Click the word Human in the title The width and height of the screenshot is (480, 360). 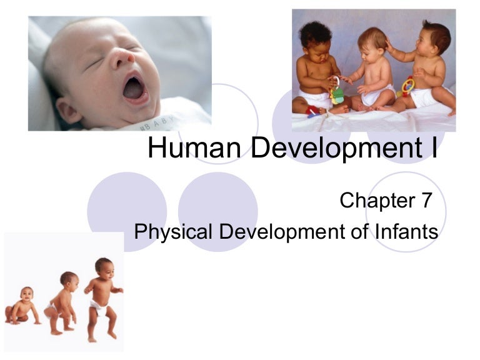click(x=194, y=148)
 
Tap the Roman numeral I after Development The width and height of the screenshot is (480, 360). click(x=435, y=148)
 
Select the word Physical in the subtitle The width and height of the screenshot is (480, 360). click(x=173, y=232)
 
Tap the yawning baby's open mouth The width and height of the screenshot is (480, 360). click(x=134, y=89)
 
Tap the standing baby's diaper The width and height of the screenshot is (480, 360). click(x=99, y=307)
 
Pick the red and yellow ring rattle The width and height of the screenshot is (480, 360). click(x=407, y=87)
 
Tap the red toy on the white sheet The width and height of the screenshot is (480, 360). click(x=312, y=111)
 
